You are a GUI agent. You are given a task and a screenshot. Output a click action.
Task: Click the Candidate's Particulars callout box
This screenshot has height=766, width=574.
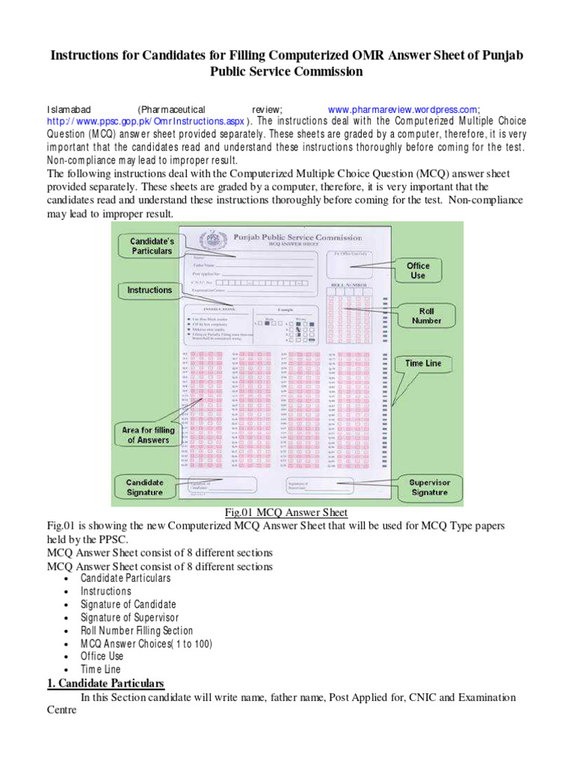[152, 246]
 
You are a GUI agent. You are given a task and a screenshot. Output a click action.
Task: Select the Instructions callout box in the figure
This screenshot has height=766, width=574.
[149, 290]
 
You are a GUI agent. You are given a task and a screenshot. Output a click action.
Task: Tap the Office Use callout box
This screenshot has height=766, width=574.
[418, 270]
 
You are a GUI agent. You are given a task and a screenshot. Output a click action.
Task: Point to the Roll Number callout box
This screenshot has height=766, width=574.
[426, 315]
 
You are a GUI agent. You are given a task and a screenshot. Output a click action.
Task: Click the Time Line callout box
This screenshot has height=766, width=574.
[423, 364]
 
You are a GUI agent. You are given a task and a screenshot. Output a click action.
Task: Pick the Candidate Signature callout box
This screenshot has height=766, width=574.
[144, 487]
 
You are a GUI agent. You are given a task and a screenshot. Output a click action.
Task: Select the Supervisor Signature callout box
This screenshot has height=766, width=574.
[429, 487]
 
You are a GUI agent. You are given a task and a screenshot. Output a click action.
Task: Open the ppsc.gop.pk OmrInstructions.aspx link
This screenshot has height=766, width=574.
[147, 120]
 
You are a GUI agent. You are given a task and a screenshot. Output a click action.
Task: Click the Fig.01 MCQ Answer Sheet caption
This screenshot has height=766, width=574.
[286, 512]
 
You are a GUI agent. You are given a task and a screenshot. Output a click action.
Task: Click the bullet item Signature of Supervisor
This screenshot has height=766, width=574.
[129, 617]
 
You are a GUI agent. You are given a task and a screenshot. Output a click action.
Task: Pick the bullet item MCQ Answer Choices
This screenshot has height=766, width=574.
[146, 643]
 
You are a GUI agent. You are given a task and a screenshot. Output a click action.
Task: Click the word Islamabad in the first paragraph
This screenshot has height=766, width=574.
[69, 109]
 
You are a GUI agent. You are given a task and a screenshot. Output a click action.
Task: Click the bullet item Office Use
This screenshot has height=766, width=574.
[102, 656]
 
